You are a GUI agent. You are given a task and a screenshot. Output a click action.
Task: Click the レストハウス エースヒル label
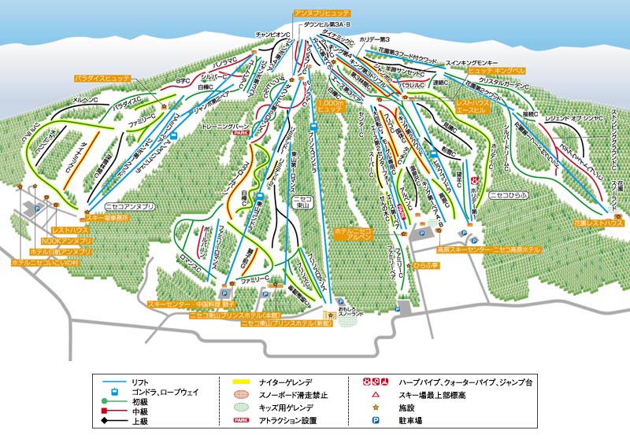click(474, 106)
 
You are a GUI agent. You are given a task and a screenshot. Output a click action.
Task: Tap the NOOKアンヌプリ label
click(67, 240)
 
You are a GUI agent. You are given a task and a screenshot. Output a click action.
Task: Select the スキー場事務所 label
click(102, 216)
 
